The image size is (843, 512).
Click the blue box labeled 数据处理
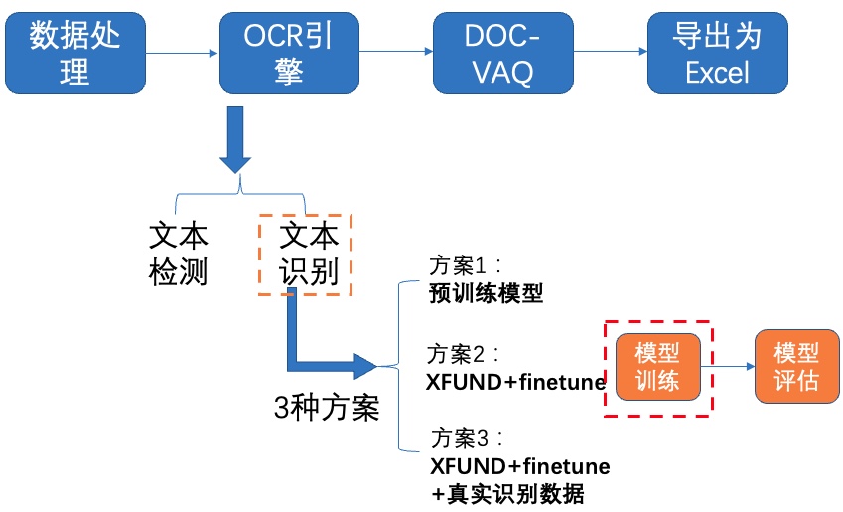tap(75, 54)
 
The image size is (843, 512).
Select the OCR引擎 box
tap(289, 54)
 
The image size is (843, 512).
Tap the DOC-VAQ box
tap(503, 54)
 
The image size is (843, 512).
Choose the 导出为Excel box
tap(718, 54)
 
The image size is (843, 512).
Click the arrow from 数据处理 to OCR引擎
tap(182, 53)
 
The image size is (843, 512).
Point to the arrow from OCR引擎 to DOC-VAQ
tap(396, 51)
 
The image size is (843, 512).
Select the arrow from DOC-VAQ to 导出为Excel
tap(611, 51)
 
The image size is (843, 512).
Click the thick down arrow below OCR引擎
tap(235, 139)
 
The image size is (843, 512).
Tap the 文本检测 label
tap(178, 254)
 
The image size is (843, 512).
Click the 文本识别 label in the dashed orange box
tap(309, 254)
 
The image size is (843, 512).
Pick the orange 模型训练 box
tap(658, 367)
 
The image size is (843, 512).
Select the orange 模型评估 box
tap(796, 367)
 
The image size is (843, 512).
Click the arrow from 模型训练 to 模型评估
tap(728, 366)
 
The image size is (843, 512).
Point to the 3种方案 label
tap(327, 408)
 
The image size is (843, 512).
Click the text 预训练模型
tap(486, 293)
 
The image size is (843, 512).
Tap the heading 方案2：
tap(464, 354)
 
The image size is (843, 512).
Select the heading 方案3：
tap(468, 438)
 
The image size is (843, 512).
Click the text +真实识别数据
tap(507, 494)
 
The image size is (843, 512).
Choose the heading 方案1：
tap(465, 265)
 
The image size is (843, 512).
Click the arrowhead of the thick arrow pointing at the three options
tap(365, 366)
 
